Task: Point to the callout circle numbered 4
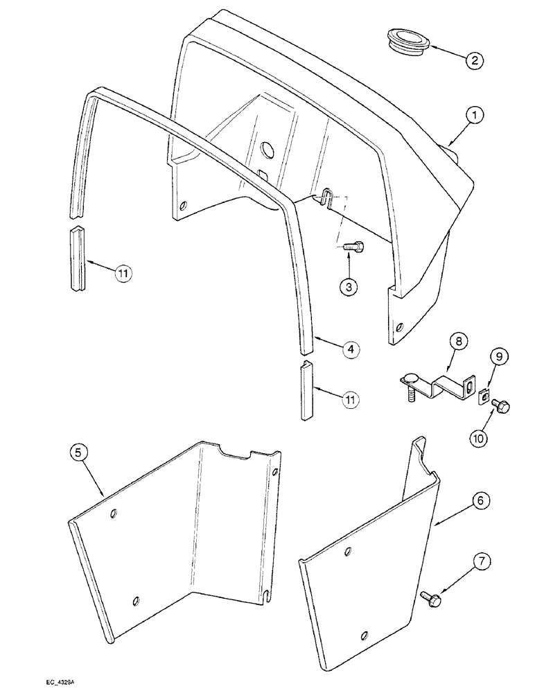pyautogui.click(x=351, y=350)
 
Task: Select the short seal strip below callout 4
pyautogui.click(x=308, y=392)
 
